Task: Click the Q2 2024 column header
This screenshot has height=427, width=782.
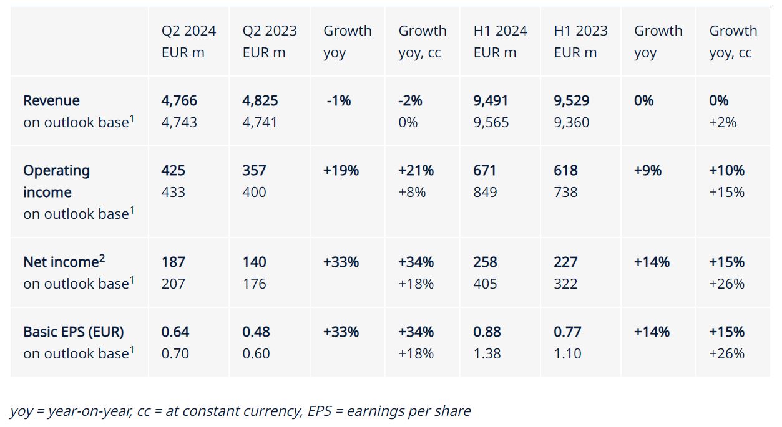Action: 188,41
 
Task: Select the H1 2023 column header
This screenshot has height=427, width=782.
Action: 580,41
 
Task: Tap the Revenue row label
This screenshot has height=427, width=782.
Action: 51,100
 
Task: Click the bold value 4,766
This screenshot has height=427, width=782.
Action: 179,100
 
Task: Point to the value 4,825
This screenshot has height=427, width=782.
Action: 260,100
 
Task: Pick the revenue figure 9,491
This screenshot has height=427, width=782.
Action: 491,100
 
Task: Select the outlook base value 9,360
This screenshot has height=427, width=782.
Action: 572,122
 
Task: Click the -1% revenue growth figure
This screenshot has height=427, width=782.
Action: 338,100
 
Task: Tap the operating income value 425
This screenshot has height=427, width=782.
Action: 173,170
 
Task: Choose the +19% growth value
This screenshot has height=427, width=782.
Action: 341,170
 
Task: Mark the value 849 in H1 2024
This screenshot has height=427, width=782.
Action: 485,192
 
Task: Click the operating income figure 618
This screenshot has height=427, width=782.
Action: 565,170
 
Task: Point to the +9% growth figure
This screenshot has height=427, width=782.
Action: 647,170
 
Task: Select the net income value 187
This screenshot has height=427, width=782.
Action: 173,262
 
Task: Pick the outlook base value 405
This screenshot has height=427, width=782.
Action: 485,284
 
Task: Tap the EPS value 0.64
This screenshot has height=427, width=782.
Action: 175,332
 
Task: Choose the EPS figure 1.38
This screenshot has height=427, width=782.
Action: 487,353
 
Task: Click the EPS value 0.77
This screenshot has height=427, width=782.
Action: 567,332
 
